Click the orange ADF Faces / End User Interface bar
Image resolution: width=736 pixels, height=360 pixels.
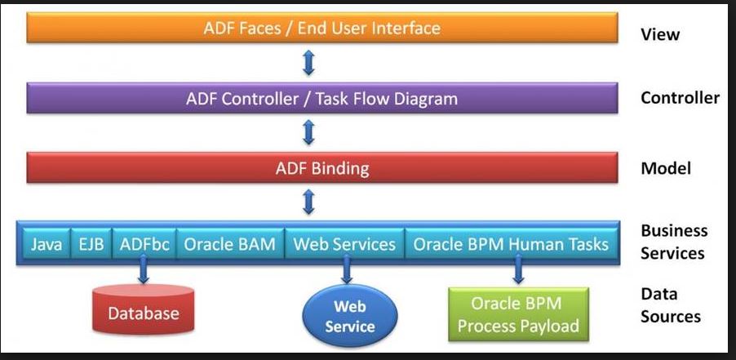[321, 29]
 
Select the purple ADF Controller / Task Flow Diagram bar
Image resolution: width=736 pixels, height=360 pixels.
[321, 99]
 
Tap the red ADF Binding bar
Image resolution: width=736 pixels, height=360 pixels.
[321, 169]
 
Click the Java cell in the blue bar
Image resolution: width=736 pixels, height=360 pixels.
[47, 244]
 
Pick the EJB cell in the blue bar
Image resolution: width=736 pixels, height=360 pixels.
[91, 244]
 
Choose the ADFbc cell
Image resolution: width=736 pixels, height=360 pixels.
[144, 244]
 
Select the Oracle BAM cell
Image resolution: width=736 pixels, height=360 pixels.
[229, 244]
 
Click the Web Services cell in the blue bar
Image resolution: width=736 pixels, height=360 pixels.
[344, 244]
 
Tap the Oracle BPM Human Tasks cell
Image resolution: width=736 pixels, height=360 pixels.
[511, 244]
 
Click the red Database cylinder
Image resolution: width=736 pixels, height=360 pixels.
[143, 312]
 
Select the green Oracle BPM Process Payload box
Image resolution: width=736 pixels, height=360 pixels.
[518, 314]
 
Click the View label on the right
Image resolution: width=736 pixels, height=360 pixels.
[660, 35]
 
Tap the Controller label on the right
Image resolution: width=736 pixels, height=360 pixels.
[680, 99]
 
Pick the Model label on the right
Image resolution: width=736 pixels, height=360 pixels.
[666, 168]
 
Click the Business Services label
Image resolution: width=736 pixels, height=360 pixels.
[673, 242]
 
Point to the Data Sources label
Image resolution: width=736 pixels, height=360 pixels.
[670, 304]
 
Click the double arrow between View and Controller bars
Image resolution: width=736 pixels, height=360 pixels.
[308, 63]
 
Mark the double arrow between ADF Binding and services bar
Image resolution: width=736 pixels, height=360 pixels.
[308, 202]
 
